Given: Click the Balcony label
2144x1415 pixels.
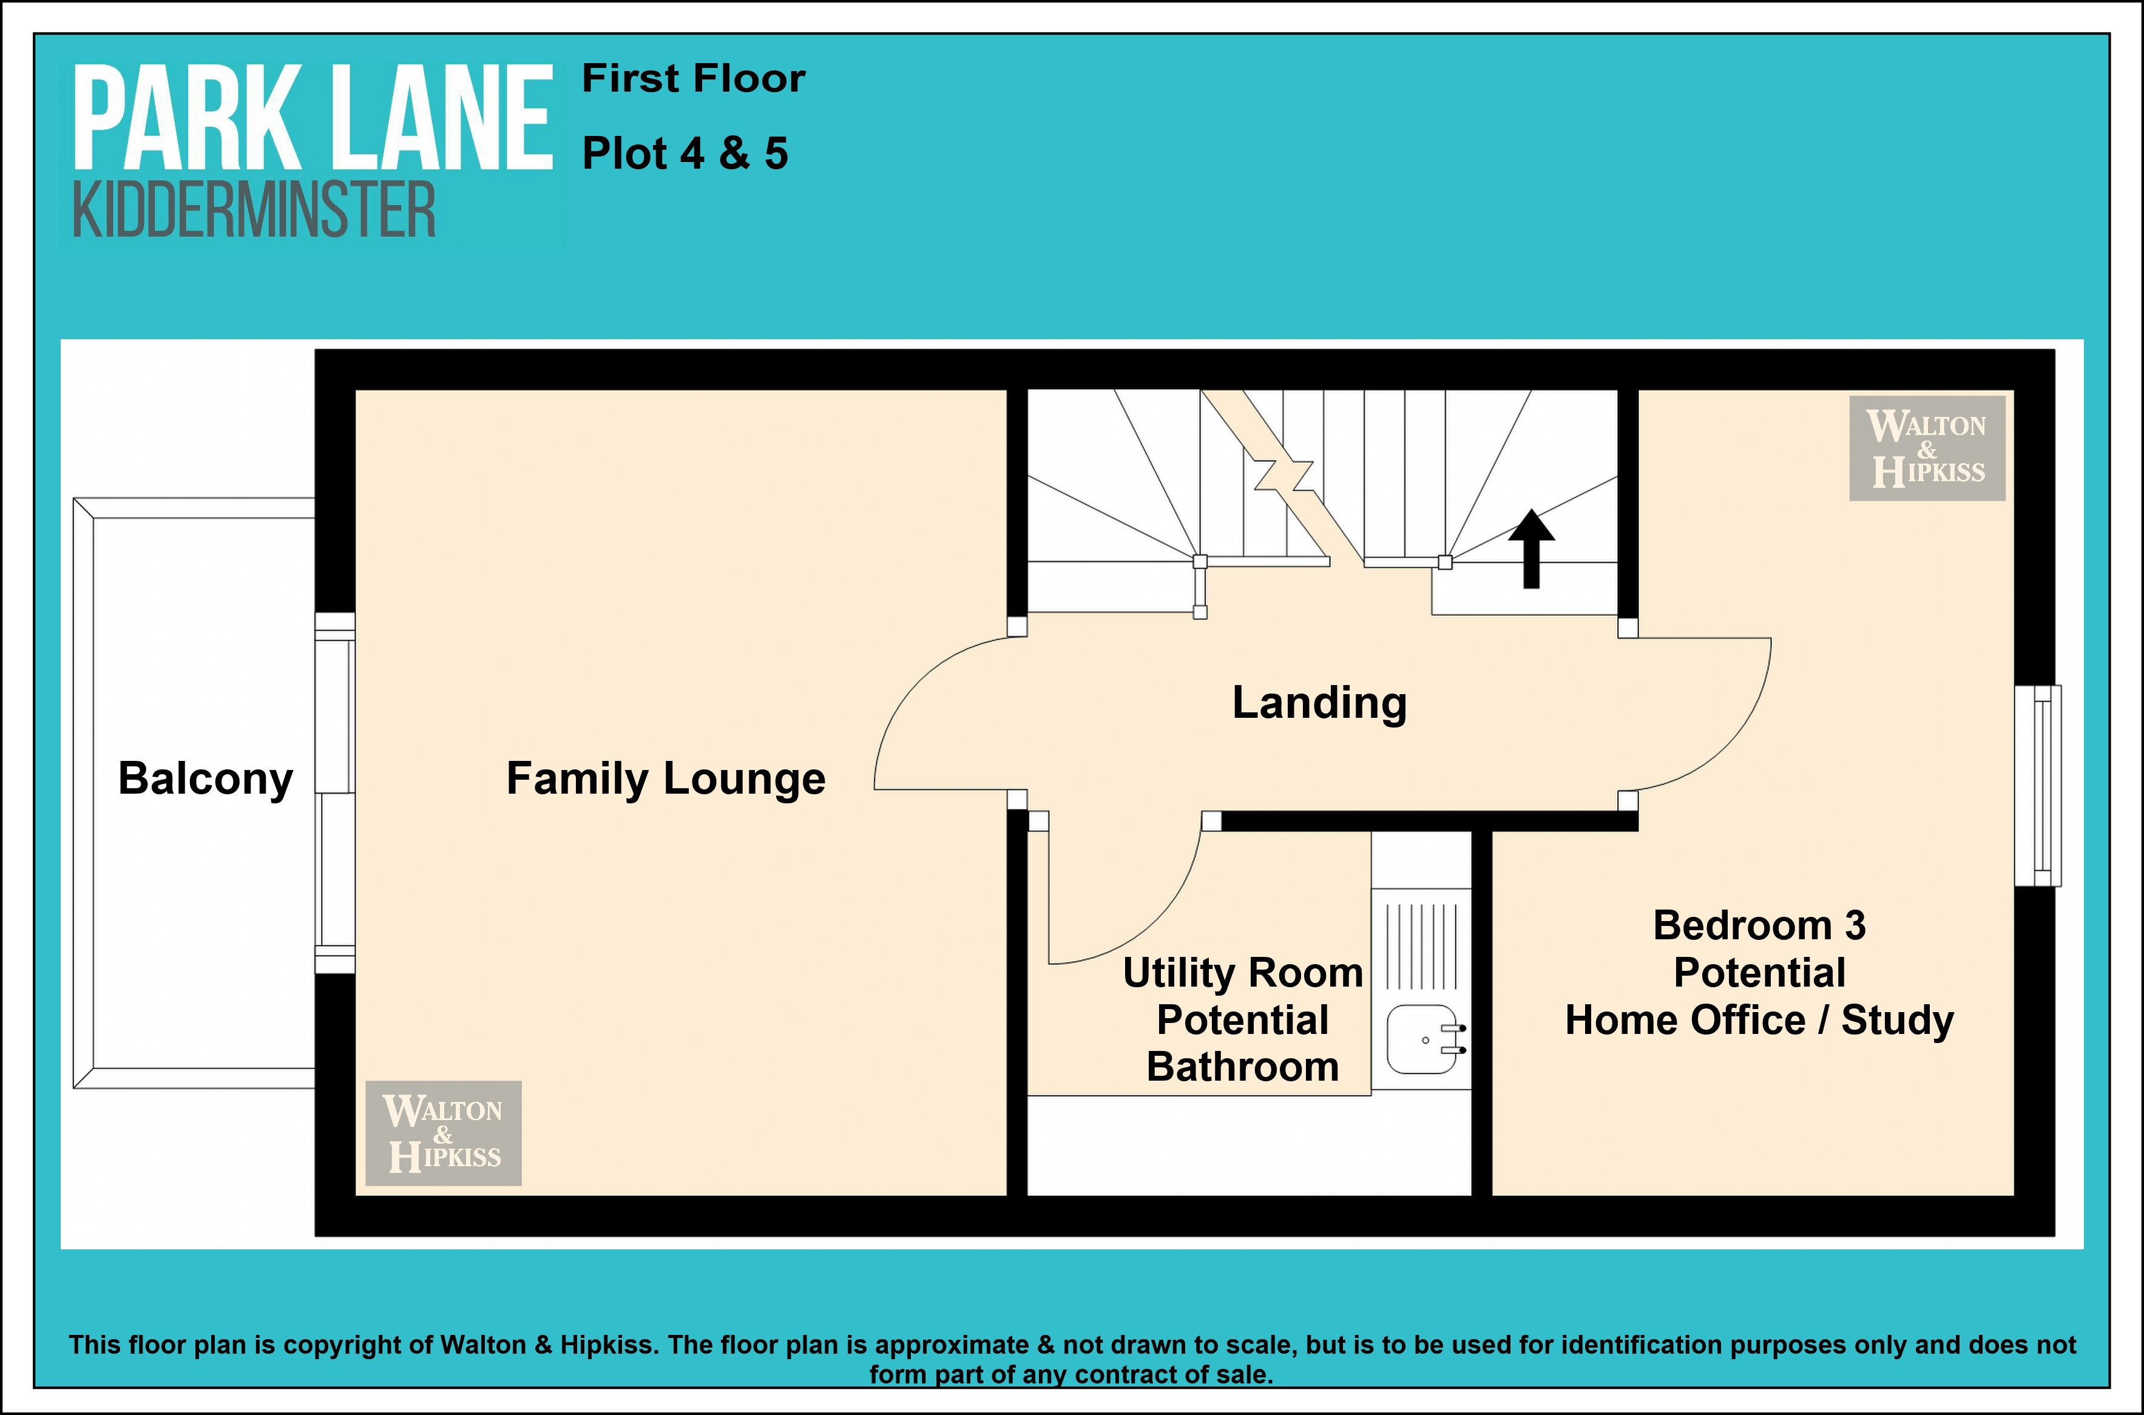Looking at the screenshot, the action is click(206, 778).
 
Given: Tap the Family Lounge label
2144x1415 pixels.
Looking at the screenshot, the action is click(666, 778).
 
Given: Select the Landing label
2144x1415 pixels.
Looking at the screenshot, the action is click(1319, 703).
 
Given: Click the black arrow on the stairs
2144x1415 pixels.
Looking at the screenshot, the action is click(1531, 549).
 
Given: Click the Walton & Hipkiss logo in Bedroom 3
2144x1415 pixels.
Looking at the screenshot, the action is click(1927, 448).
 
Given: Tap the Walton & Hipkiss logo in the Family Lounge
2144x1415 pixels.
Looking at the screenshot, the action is click(443, 1132).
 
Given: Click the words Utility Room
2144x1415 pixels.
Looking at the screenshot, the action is click(1243, 973).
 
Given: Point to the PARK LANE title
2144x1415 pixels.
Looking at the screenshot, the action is click(312, 118).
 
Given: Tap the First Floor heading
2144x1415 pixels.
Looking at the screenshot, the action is click(693, 78).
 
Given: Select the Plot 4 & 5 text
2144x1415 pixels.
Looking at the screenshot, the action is click(685, 154).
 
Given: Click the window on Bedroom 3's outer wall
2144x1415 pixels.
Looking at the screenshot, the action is click(2038, 785).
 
